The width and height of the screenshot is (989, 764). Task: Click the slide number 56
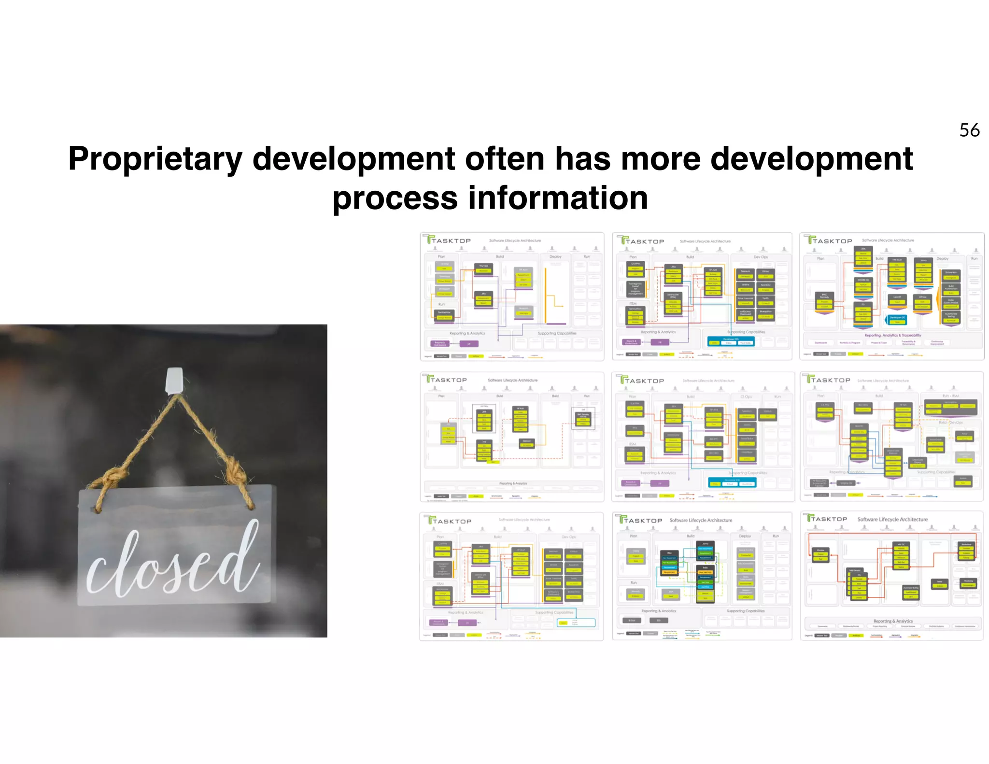pos(969,130)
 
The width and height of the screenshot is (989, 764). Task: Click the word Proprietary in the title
pos(155,159)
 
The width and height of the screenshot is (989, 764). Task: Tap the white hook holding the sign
pos(174,381)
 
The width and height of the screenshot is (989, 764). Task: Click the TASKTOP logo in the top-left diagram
pos(448,240)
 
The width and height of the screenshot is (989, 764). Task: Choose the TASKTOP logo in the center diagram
pos(642,381)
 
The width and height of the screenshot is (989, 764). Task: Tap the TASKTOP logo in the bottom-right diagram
pos(827,519)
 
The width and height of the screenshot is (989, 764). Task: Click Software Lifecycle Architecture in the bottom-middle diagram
pos(700,520)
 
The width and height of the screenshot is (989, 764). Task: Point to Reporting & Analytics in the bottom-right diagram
pos(893,621)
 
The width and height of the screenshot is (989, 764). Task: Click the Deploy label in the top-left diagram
pos(555,256)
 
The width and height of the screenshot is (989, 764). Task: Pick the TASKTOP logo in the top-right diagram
pos(830,241)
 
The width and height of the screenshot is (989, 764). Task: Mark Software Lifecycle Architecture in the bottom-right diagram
pos(892,520)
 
